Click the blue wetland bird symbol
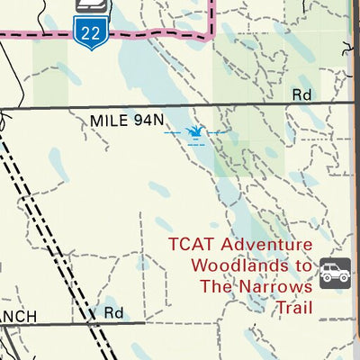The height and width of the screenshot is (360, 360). (x=194, y=134)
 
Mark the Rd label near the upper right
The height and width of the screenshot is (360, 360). (x=301, y=94)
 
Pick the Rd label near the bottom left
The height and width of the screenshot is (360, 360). (x=112, y=313)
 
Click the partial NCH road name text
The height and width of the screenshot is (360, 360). (x=18, y=316)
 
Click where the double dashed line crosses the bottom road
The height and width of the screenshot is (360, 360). (x=93, y=322)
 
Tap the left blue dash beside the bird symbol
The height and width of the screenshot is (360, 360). (x=173, y=133)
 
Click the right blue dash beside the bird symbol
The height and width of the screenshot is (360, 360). (x=219, y=133)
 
